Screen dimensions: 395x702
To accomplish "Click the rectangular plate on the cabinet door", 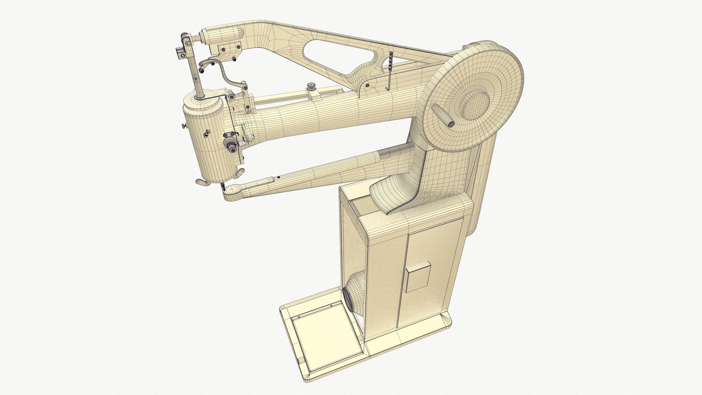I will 417,276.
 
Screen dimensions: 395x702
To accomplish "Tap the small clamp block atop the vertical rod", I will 181,53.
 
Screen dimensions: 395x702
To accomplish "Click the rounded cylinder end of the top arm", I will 223,34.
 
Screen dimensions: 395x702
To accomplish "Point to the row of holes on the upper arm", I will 391,60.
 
